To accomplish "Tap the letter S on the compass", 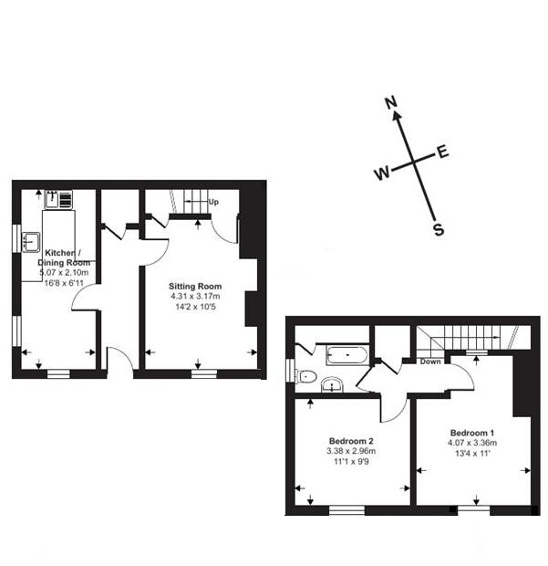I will (439, 230).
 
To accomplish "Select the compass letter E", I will (443, 152).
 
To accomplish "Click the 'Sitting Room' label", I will (196, 287).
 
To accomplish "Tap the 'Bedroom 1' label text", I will (472, 432).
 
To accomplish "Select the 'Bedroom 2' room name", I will (350, 439).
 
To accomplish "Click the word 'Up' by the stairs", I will (213, 201).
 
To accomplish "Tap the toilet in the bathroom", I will (305, 376).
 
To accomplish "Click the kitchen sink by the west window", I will (31, 241).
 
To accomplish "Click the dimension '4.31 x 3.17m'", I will (196, 297).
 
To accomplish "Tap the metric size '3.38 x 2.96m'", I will (350, 450).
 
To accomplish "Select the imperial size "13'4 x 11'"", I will (472, 454).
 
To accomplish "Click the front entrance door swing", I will (120, 360).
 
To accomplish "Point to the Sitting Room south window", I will (203, 372).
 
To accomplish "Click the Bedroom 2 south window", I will (346, 509).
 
